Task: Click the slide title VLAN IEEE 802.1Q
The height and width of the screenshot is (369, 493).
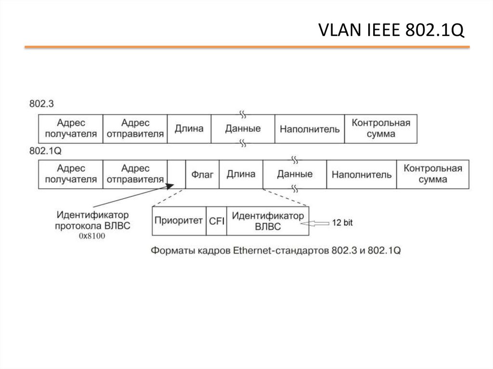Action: (391, 31)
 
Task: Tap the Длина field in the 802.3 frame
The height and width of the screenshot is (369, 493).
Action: (189, 128)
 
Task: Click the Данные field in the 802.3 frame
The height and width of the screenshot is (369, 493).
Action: (243, 128)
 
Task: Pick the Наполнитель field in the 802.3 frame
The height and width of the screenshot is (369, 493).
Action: (310, 129)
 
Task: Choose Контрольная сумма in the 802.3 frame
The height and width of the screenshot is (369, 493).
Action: (380, 128)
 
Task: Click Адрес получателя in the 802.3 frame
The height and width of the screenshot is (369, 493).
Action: (71, 128)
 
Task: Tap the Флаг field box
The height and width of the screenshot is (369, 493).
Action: (202, 174)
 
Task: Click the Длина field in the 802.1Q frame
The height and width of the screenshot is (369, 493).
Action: (241, 174)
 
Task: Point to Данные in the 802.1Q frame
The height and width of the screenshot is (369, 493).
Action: (294, 174)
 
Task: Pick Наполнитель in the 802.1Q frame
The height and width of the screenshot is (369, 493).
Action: (361, 174)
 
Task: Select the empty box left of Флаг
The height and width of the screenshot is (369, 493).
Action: (176, 174)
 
